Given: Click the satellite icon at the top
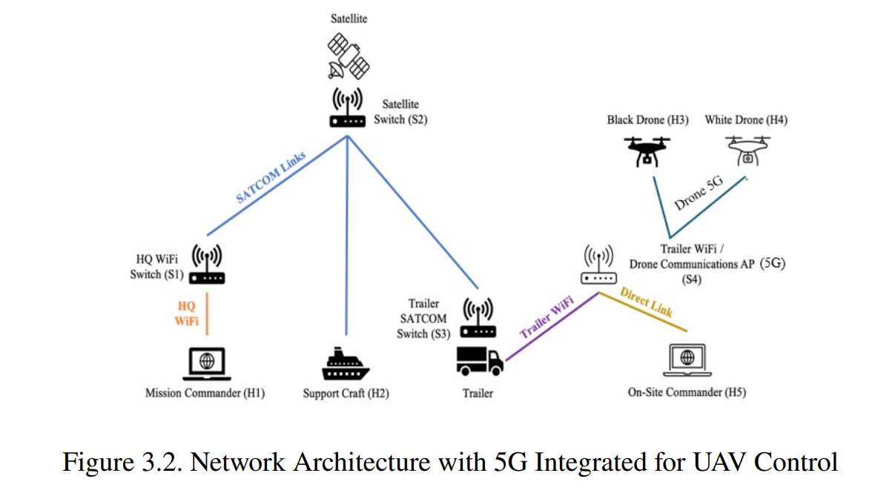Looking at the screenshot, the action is coord(349,56).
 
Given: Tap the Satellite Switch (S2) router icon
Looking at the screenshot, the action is coord(348,108).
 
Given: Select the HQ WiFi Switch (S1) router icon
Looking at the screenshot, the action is coord(207,264).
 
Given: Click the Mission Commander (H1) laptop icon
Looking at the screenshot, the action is coord(207,364).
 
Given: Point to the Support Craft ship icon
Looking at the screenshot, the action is coord(346,364).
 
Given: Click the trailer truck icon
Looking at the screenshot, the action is coord(480,362).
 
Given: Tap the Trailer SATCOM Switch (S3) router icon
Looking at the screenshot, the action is coord(478,318).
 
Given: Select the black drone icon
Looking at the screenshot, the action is coord(647,151).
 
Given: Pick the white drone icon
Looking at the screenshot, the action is coord(748,151).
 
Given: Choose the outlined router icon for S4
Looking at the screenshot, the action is coord(598,265).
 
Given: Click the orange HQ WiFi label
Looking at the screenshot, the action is coord(187,314).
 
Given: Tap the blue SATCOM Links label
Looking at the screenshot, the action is coord(271,176).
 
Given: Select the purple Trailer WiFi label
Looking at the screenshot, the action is coord(546,317).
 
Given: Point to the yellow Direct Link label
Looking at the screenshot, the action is coord(647,302).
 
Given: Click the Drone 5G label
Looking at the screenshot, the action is coord(699,193).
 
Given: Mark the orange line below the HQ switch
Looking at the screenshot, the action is coord(207,314).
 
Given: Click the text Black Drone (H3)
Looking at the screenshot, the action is coord(647,119).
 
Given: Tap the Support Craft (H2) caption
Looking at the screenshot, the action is coord(346,393).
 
